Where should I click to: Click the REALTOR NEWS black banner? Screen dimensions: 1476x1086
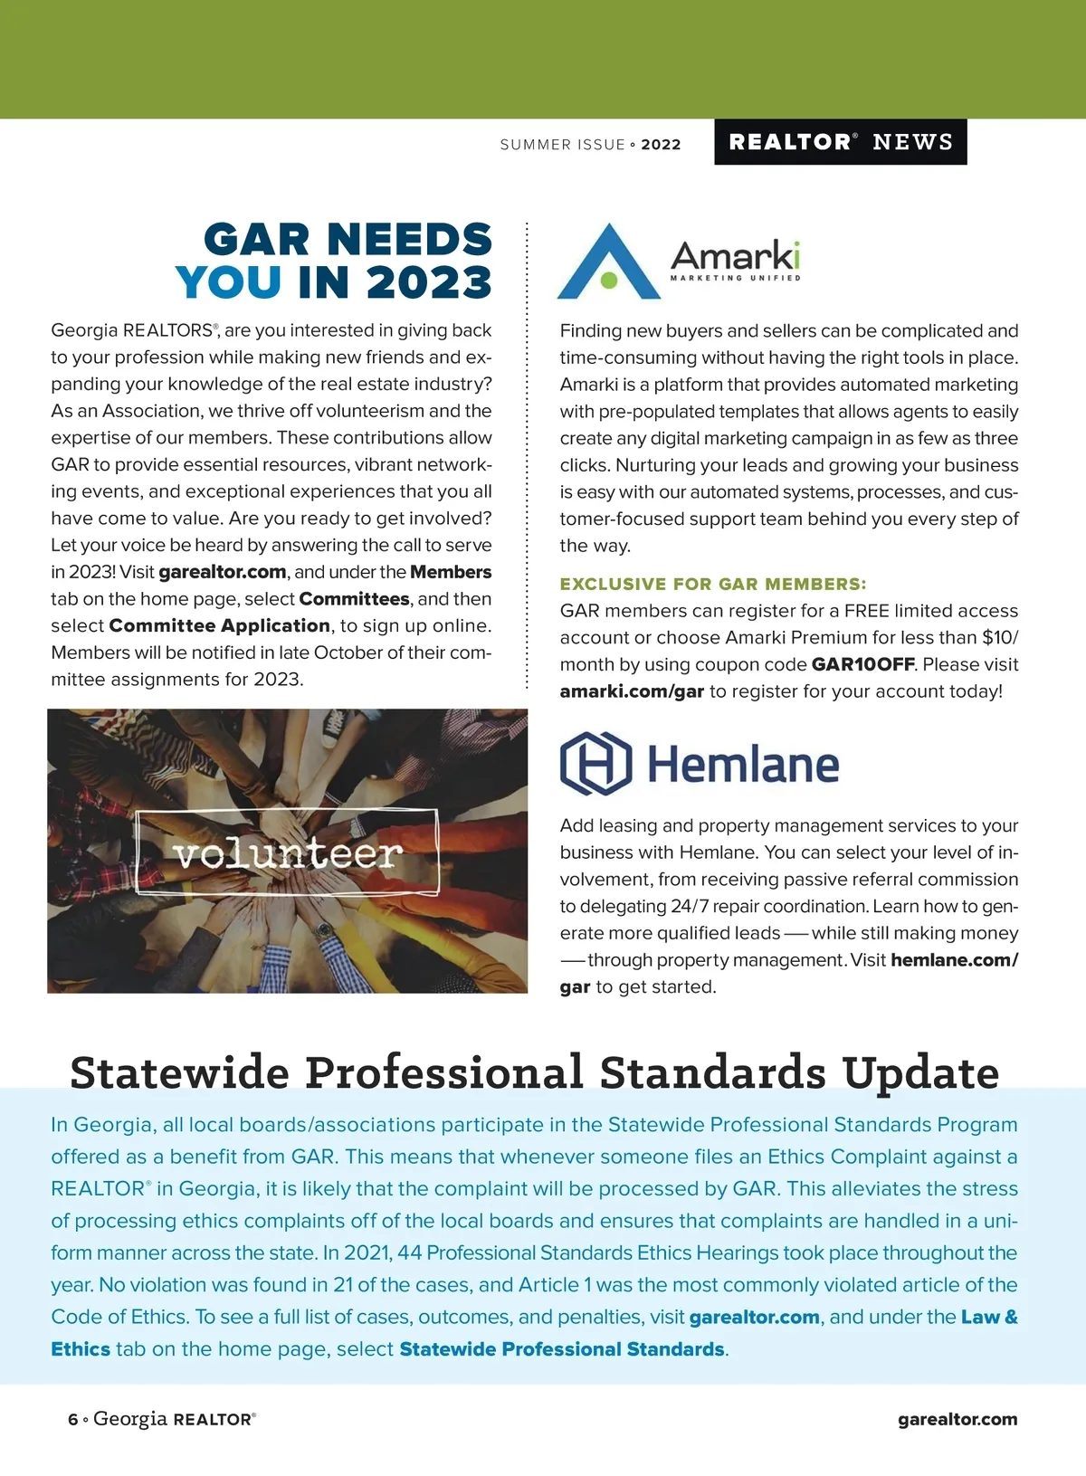point(840,142)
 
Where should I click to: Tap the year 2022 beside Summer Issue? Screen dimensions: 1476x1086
point(661,145)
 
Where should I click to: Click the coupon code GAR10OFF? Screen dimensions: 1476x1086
point(862,664)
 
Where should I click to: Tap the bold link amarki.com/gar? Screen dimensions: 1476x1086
point(632,691)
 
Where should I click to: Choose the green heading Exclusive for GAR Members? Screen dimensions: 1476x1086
point(712,584)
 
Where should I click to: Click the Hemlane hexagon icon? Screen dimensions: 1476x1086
point(595,763)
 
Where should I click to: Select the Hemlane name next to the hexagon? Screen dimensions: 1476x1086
point(743,765)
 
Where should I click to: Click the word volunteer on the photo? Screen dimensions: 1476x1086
point(288,852)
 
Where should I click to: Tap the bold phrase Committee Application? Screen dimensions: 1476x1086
point(219,625)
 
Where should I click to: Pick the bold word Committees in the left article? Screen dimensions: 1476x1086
point(354,599)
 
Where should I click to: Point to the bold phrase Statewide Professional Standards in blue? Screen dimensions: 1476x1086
point(561,1349)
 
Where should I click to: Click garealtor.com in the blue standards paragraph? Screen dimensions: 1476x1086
point(754,1318)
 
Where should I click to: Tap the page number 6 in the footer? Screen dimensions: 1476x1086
point(72,1420)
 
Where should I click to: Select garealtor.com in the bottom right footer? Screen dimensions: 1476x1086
point(957,1420)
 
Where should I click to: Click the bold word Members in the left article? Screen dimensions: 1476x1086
point(451,572)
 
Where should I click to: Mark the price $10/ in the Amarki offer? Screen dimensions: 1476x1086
point(999,637)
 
